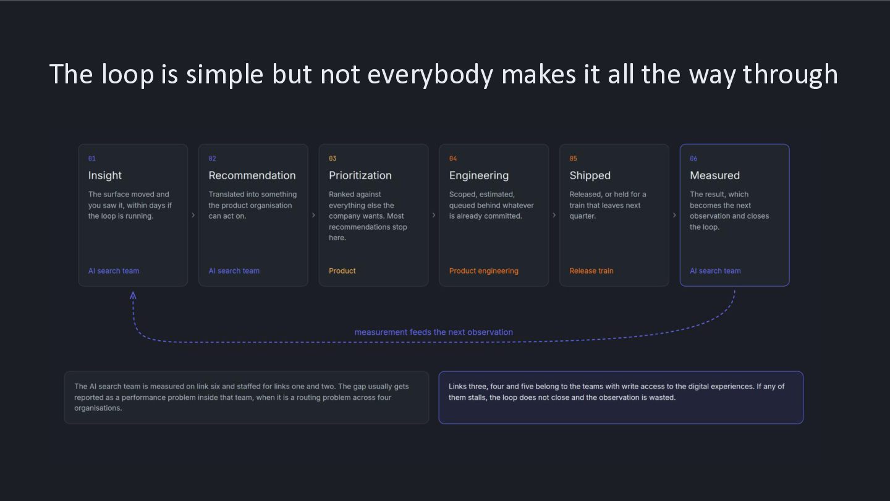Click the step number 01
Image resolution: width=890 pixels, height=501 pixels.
(91, 158)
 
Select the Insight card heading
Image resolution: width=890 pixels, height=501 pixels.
(105, 175)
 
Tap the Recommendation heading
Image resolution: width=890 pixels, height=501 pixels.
(252, 175)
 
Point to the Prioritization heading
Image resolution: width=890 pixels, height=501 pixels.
(360, 175)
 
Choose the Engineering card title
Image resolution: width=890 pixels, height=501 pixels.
(479, 175)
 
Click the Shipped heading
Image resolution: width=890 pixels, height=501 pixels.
(590, 175)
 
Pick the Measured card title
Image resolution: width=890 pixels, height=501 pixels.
(714, 175)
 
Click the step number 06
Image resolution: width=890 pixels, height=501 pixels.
(693, 158)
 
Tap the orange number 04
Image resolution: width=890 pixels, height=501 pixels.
(453, 158)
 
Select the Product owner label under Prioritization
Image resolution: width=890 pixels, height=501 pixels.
(342, 271)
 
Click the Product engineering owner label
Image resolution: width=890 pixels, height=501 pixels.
(483, 271)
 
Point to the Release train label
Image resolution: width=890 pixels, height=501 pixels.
(591, 271)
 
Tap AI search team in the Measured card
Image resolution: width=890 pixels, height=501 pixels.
(715, 271)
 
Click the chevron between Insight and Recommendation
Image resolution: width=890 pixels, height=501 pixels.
(193, 215)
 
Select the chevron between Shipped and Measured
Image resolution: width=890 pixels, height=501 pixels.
(674, 215)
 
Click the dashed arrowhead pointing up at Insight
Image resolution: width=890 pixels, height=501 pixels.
(133, 295)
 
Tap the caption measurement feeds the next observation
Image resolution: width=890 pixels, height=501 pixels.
(433, 332)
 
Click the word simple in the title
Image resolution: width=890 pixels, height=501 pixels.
(224, 75)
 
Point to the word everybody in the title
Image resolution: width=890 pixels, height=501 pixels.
(430, 75)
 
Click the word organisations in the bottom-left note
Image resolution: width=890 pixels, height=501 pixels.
(98, 408)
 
